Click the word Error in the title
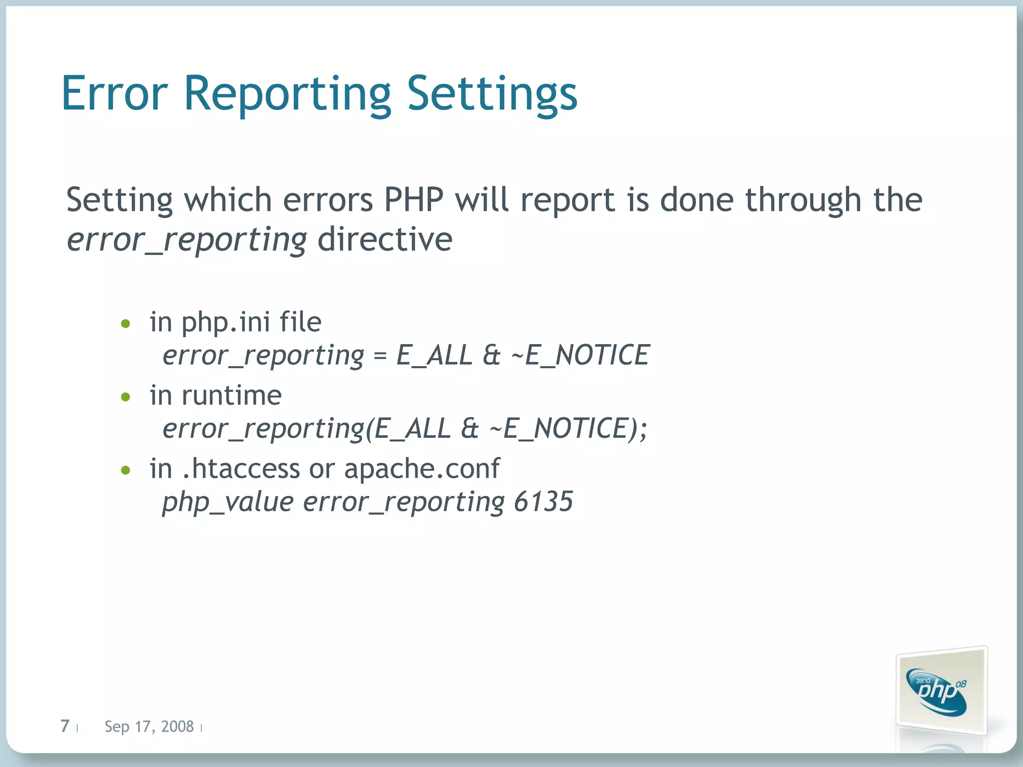pos(114,93)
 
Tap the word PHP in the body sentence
pos(414,200)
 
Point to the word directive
pos(385,239)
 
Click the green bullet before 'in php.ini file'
pos(125,324)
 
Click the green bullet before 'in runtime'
pos(125,397)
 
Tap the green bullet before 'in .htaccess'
pos(125,470)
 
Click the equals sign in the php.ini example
pos(380,356)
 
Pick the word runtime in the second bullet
pos(231,395)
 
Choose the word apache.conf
pos(422,468)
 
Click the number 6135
pos(543,501)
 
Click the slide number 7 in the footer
pos(65,726)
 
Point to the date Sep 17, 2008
pos(149,727)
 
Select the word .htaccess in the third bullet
pos(241,468)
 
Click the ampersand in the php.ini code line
pos(492,356)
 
